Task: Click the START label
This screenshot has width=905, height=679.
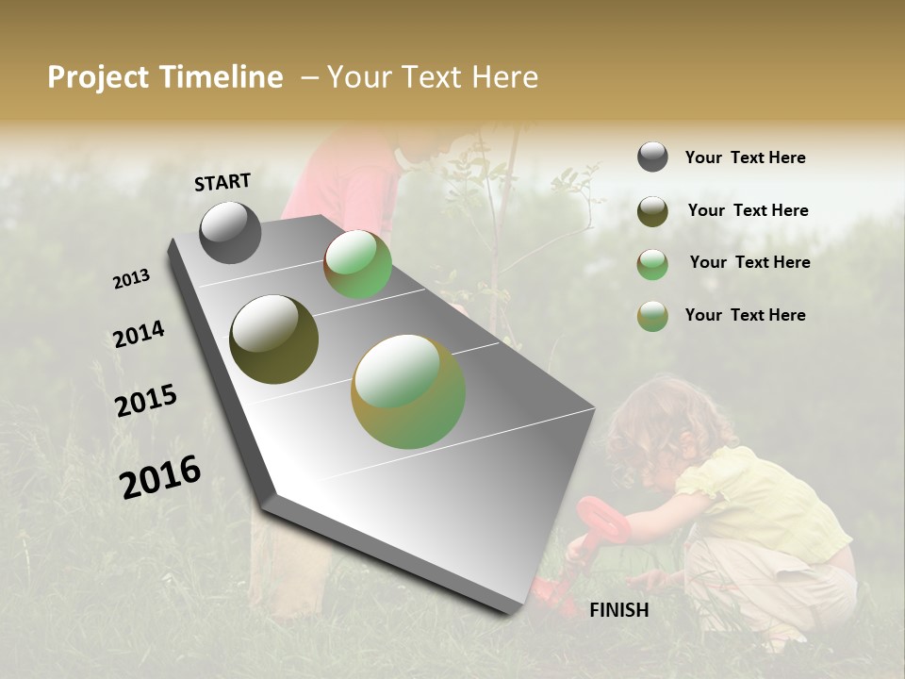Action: (x=222, y=182)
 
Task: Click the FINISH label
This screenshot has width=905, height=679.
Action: (x=618, y=610)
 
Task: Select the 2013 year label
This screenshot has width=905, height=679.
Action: (x=131, y=279)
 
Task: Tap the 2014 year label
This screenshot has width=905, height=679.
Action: (x=139, y=334)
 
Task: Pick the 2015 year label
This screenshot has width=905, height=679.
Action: (x=146, y=401)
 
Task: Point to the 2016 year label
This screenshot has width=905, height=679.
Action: (x=160, y=476)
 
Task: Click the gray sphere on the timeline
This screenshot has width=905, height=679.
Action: (x=230, y=232)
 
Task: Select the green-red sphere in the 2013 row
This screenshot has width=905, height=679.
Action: (x=357, y=265)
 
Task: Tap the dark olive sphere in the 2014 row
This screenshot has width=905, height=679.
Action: (x=273, y=339)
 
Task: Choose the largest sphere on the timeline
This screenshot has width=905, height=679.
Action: (x=408, y=391)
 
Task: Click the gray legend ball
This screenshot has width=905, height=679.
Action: (x=652, y=157)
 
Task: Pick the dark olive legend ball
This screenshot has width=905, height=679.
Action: (x=652, y=211)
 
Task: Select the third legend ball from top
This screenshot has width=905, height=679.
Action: (x=652, y=264)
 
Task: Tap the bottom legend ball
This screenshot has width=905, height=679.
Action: (x=652, y=316)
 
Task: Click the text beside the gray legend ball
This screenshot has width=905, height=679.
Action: (x=745, y=157)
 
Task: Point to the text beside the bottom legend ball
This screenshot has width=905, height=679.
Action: (x=745, y=315)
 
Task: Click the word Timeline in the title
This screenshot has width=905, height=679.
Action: (x=222, y=77)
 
